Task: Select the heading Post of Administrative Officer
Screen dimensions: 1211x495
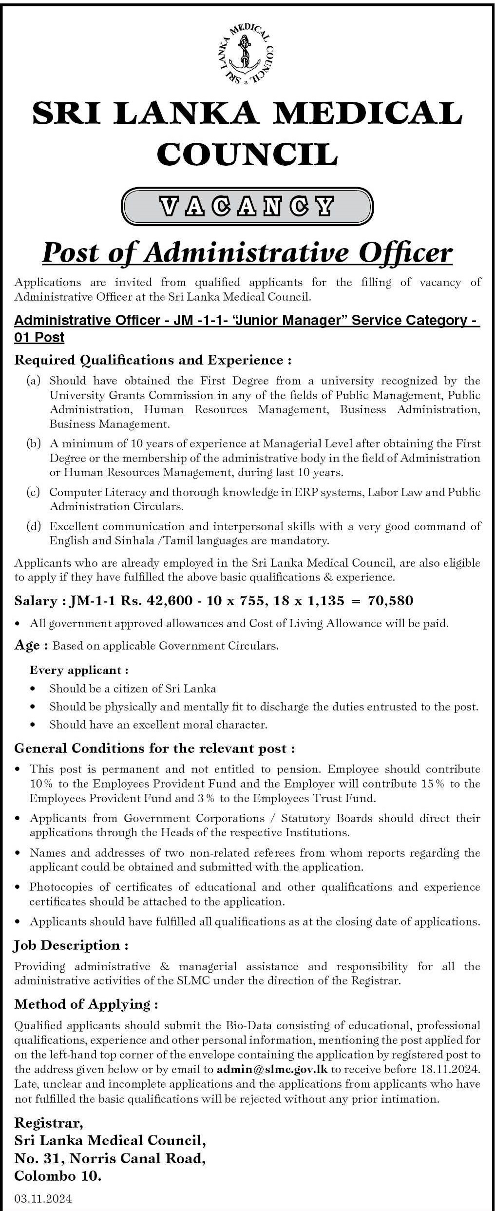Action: coord(247,253)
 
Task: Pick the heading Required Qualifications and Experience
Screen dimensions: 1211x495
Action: coord(153,360)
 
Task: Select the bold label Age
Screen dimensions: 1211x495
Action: coord(27,646)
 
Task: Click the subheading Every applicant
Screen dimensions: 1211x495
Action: coord(79,670)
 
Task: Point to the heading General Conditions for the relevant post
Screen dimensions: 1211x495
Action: coord(154,748)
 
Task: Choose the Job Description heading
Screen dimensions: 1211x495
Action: coord(71,946)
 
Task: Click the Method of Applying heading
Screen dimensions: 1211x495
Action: coord(86,991)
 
